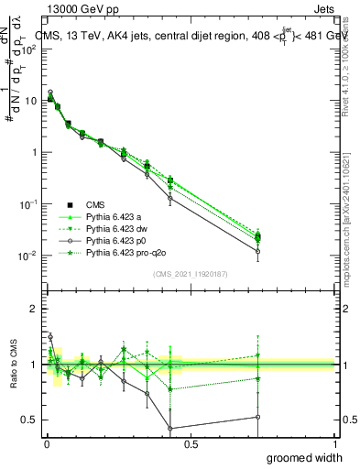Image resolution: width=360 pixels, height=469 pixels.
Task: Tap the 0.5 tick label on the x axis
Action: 190,443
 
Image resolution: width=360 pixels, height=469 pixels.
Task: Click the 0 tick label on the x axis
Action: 46,443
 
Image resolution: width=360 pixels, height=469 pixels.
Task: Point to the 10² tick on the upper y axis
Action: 30,49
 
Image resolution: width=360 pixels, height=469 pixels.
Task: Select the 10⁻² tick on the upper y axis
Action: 30,255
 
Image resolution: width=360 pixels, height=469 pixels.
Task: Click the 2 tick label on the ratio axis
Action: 33,309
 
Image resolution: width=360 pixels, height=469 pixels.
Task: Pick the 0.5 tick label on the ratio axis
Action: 30,420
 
